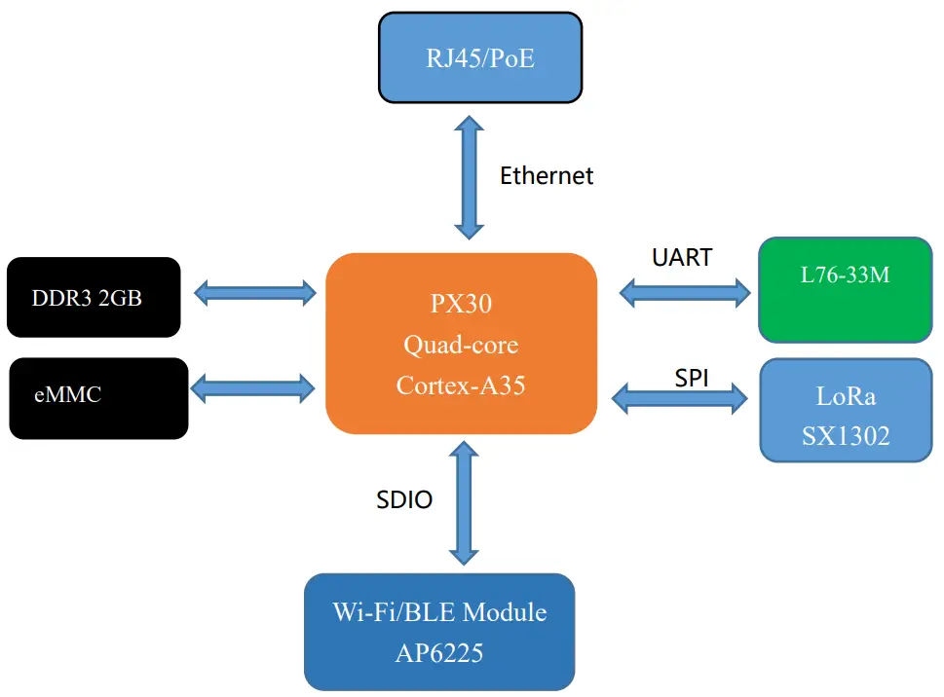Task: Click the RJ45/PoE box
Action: pos(480,57)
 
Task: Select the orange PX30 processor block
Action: pos(461,344)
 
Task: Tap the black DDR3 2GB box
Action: pos(94,297)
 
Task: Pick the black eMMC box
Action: pos(97,397)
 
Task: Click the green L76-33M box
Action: pos(845,289)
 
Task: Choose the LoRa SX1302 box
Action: pos(845,409)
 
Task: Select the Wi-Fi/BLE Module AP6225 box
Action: pos(439,632)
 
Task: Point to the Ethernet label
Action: pos(547,176)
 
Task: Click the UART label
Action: pos(682,258)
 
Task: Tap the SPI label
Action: pos(692,378)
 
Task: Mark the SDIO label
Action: pos(404,500)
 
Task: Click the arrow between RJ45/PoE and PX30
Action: pos(469,176)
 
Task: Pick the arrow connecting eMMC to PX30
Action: pos(254,388)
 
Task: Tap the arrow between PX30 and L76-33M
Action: pos(685,289)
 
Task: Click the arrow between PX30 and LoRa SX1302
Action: pos(678,397)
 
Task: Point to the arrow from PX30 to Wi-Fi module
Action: pos(465,502)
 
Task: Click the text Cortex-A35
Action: pos(461,385)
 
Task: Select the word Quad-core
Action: pos(461,345)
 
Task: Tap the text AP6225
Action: pos(439,652)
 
